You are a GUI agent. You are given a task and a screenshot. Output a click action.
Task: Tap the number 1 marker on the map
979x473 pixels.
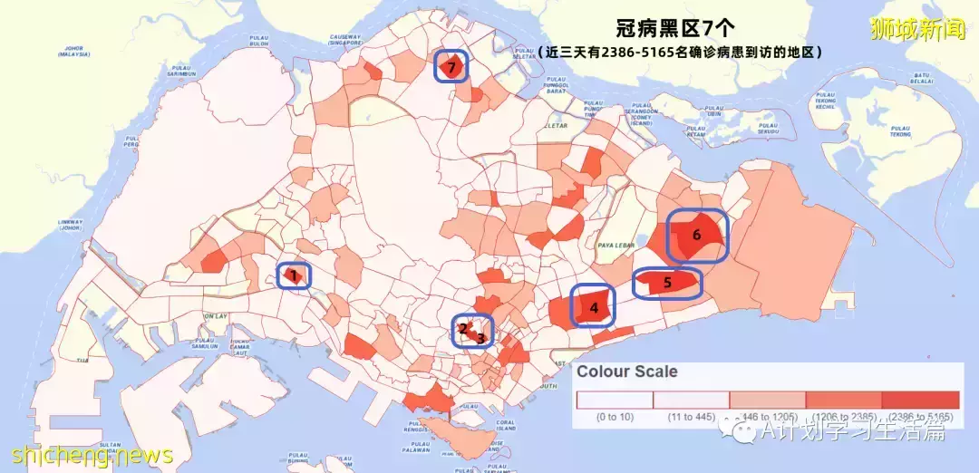pyautogui.click(x=294, y=275)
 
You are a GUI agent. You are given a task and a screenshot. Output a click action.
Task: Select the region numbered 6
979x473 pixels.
pyautogui.click(x=696, y=235)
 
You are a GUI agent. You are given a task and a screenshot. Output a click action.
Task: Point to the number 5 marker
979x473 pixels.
pyautogui.click(x=667, y=283)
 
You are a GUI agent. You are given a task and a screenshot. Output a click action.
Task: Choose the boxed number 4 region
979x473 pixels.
pyautogui.click(x=594, y=308)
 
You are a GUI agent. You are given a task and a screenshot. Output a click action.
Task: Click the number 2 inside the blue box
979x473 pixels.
pyautogui.click(x=463, y=329)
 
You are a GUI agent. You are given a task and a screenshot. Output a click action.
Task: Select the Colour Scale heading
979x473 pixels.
pyautogui.click(x=627, y=372)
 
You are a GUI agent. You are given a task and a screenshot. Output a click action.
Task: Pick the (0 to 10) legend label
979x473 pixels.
pyautogui.click(x=615, y=417)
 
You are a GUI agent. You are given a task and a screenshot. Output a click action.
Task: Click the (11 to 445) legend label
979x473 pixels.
pyautogui.click(x=691, y=417)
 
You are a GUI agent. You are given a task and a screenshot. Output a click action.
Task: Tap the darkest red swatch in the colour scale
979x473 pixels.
pyautogui.click(x=920, y=400)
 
